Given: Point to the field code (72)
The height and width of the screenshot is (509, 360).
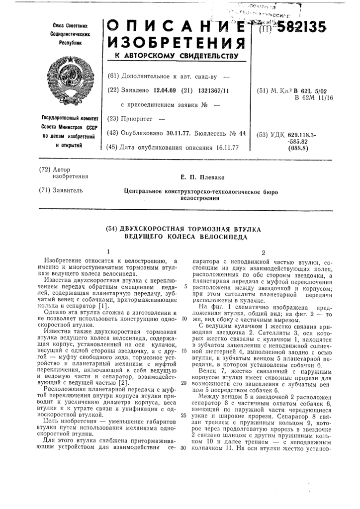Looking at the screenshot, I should pyautogui.click(x=46, y=170).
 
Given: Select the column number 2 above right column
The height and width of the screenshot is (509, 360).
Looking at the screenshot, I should pyautogui.click(x=264, y=252).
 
